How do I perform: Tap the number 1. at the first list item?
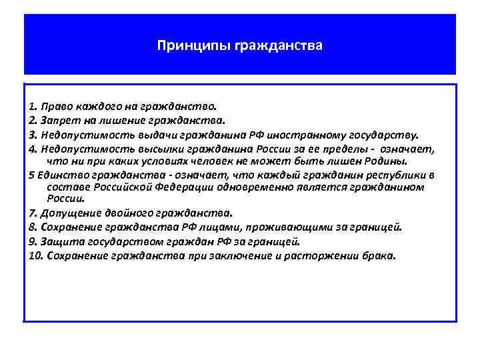coord(33,106)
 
